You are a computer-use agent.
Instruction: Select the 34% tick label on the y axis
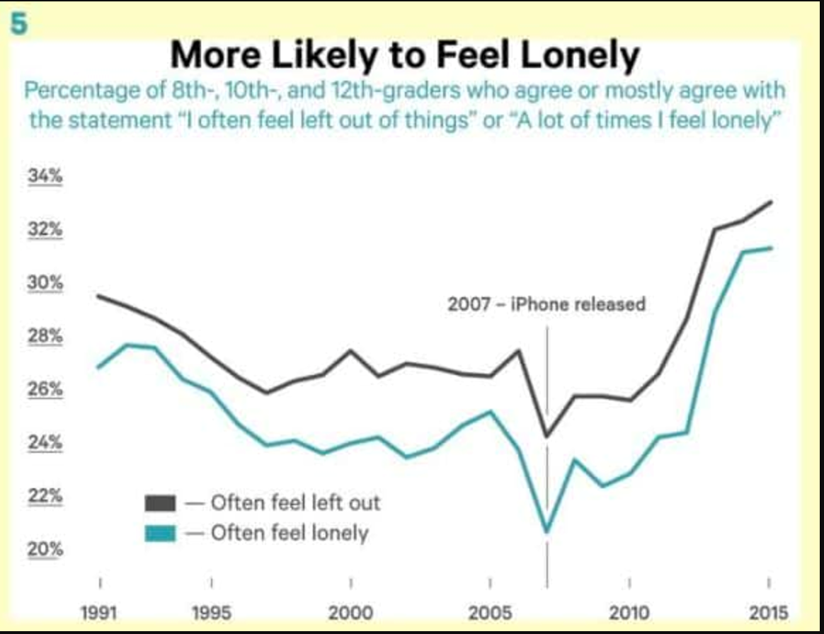[45, 177]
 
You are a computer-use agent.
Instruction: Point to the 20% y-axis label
[45, 549]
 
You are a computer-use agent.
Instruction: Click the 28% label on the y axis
[45, 336]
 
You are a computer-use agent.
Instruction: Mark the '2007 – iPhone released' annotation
[547, 304]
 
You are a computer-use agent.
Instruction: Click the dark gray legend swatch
[161, 503]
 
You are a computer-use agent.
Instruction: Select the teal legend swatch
[161, 532]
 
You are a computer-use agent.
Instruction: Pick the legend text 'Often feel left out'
[295, 503]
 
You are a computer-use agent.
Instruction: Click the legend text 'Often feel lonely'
[290, 532]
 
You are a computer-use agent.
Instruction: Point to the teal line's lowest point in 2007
[547, 531]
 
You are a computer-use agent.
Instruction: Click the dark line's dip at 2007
[547, 436]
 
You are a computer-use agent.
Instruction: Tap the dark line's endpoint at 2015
[771, 202]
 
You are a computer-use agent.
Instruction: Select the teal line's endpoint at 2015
[771, 248]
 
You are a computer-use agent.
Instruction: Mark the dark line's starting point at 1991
[98, 295]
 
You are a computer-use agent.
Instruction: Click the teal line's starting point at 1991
[98, 367]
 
